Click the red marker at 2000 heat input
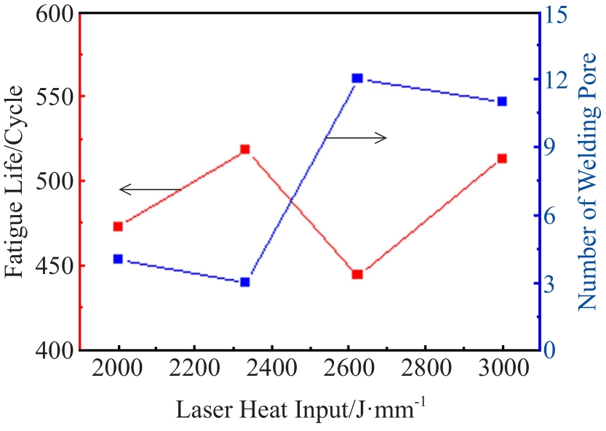118,226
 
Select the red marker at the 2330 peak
245,149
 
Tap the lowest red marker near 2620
357,274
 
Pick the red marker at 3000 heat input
502,158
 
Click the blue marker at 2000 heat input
118,259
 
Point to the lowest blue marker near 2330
245,282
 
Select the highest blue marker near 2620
357,78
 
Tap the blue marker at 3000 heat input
502,101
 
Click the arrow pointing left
150,190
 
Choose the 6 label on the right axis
557,215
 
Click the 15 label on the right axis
561,13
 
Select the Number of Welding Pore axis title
589,182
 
